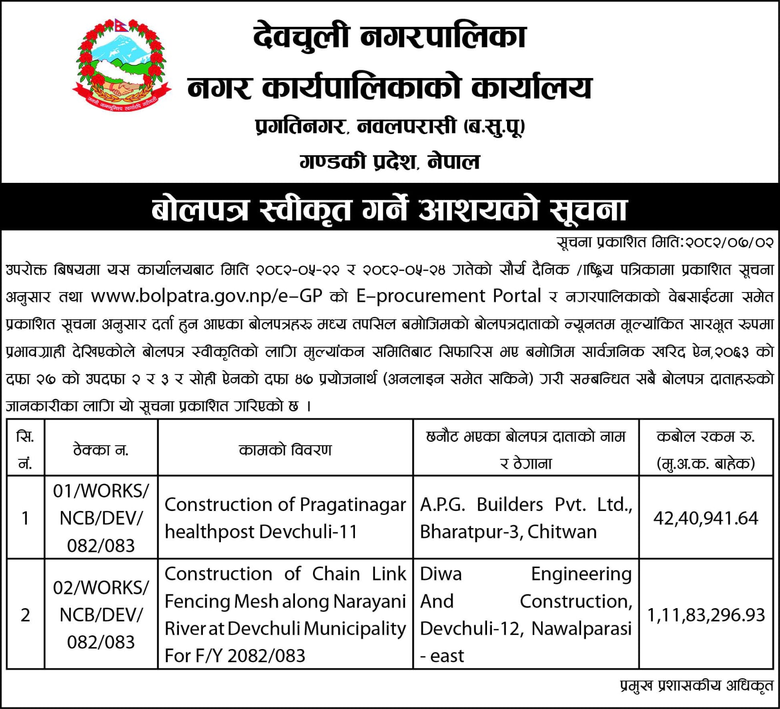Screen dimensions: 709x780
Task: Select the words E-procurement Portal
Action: (x=448, y=296)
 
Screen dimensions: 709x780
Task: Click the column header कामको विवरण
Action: (x=285, y=450)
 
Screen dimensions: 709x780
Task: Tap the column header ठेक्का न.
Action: (x=101, y=450)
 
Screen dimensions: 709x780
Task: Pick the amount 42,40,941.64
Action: (x=705, y=518)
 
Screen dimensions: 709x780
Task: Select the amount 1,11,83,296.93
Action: (x=705, y=615)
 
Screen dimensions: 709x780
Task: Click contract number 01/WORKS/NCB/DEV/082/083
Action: (x=101, y=518)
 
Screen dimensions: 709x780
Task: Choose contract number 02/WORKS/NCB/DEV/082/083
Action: (x=101, y=615)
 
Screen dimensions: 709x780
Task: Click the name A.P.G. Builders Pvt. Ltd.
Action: (x=526, y=505)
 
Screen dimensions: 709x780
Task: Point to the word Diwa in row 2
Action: (x=441, y=574)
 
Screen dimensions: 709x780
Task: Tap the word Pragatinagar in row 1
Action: (x=353, y=505)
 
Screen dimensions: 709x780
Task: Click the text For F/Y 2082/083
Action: (x=235, y=656)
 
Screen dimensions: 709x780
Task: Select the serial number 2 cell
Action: (x=25, y=615)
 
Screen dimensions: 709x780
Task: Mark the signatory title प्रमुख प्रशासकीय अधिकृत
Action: (x=697, y=686)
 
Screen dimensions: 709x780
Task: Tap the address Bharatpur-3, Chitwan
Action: (x=508, y=532)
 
